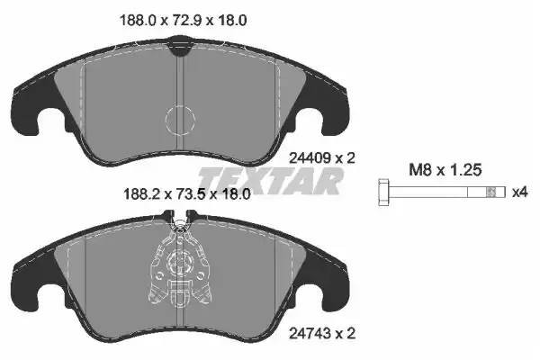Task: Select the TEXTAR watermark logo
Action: click(270, 181)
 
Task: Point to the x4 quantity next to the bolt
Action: click(519, 192)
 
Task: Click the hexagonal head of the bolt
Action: click(382, 192)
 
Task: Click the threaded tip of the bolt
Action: click(490, 192)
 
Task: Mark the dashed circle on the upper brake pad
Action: click(183, 119)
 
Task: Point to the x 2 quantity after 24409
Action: click(346, 157)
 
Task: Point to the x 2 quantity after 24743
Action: click(346, 334)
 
